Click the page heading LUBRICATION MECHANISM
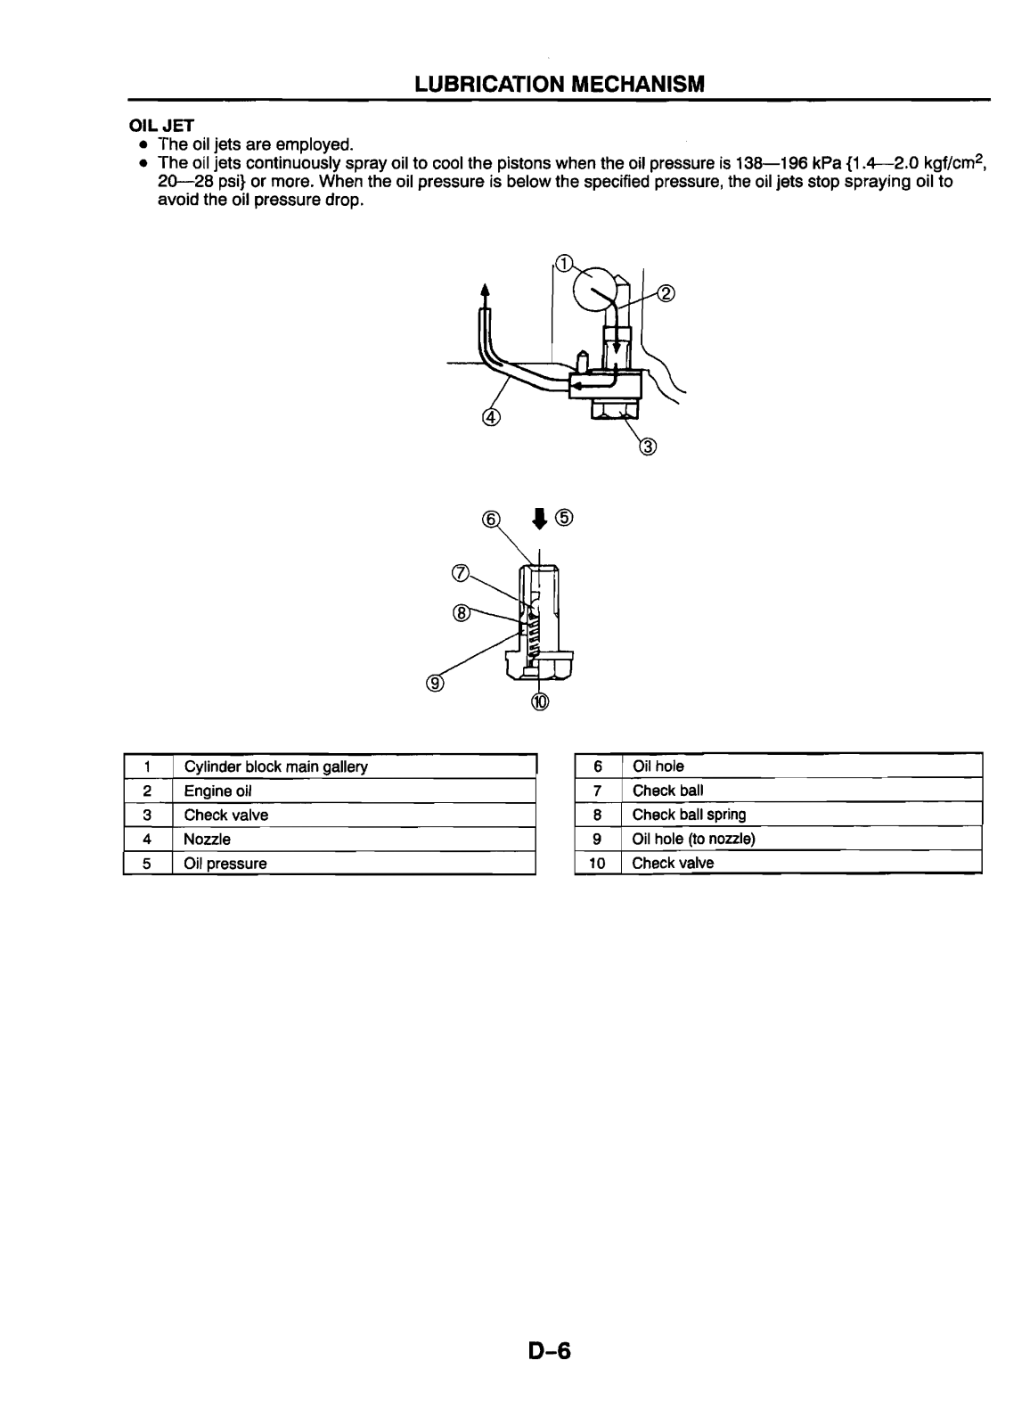pos(559,84)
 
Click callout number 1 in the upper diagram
pos(564,261)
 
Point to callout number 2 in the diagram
pos(666,294)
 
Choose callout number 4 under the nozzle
pos(491,416)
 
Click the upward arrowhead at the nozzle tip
pos(486,290)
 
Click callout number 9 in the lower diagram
pos(436,684)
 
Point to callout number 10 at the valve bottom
pos(542,701)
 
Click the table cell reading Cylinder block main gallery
pos(275,766)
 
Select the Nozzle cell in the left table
pos(208,840)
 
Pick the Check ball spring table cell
pos(689,815)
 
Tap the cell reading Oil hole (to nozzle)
pos(693,839)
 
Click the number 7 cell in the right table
pos(598,791)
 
